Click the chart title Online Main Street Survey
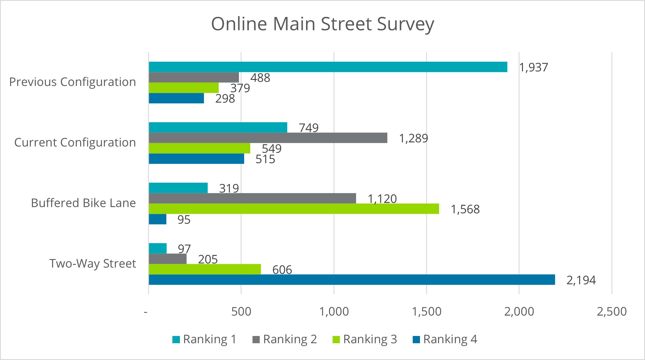pyautogui.click(x=322, y=24)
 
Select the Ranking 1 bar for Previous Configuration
pyautogui.click(x=328, y=67)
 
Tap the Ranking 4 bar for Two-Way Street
pyautogui.click(x=352, y=280)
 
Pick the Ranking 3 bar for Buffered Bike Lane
pyautogui.click(x=294, y=209)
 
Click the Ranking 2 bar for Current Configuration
pyautogui.click(x=268, y=138)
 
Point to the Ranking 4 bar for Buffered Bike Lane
pyautogui.click(x=158, y=219)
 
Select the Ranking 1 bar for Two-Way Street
pyautogui.click(x=158, y=248)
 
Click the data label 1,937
pyautogui.click(x=533, y=67)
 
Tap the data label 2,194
pyautogui.click(x=581, y=280)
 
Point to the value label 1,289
pyautogui.click(x=413, y=138)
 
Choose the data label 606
pyautogui.click(x=282, y=270)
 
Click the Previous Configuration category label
pyautogui.click(x=73, y=82)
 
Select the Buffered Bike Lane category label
pyautogui.click(x=83, y=203)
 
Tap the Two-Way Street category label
pyautogui.click(x=93, y=263)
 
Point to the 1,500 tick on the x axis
pyautogui.click(x=426, y=312)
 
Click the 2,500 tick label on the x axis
pyautogui.click(x=611, y=312)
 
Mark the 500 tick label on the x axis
pyautogui.click(x=241, y=312)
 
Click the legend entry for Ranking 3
pyautogui.click(x=365, y=339)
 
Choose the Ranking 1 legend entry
pyautogui.click(x=204, y=339)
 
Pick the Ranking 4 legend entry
pyautogui.click(x=445, y=339)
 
